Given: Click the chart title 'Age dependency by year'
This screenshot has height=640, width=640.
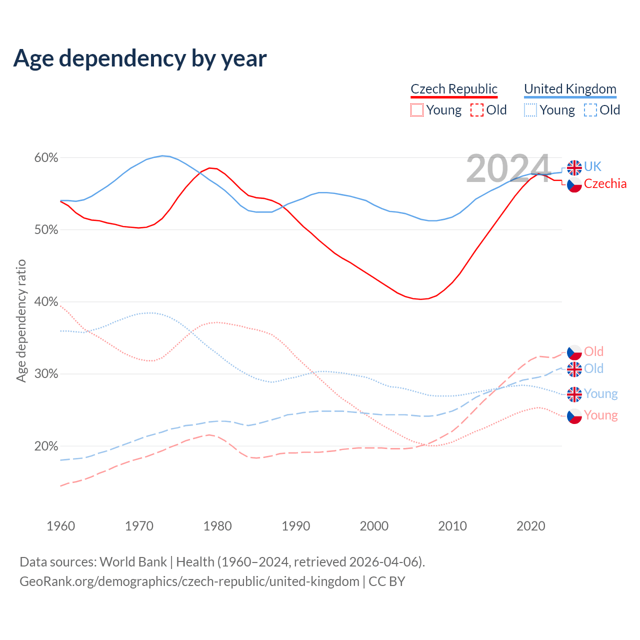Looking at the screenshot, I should [x=140, y=58].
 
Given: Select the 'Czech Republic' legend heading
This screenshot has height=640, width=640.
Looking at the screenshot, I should [x=454, y=89].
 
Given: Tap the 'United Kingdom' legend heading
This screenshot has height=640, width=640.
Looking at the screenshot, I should [x=570, y=89].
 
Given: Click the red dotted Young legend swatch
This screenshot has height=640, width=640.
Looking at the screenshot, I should [x=416, y=110].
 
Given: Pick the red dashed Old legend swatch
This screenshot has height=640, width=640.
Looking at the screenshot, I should [x=477, y=110].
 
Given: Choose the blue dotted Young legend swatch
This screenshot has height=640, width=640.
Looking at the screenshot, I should [x=530, y=110].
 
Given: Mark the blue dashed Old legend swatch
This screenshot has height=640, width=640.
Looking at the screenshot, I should [x=590, y=110].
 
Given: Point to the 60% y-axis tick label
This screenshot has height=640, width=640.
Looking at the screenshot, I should [x=46, y=158].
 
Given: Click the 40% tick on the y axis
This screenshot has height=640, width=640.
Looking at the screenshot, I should [x=46, y=302].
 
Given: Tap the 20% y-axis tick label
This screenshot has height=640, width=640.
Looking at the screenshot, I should [x=46, y=446].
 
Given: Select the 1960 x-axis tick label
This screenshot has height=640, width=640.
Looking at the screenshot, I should [x=60, y=526].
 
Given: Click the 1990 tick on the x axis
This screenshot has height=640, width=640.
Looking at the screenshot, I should [x=296, y=526].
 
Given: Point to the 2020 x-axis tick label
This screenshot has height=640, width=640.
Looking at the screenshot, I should [x=530, y=526].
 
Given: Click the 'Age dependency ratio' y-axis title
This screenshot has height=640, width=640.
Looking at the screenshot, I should [x=21, y=320].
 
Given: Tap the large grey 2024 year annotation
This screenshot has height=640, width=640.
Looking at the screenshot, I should [x=508, y=169].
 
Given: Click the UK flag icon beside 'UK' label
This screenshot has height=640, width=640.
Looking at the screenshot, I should [x=574, y=167].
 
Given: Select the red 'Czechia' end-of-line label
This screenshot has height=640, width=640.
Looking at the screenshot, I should [x=605, y=183].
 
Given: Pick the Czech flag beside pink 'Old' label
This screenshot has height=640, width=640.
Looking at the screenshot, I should [x=574, y=352].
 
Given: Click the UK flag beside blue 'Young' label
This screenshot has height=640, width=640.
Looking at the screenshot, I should [x=574, y=394].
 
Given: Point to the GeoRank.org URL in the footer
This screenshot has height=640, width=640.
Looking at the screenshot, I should [x=189, y=581].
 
